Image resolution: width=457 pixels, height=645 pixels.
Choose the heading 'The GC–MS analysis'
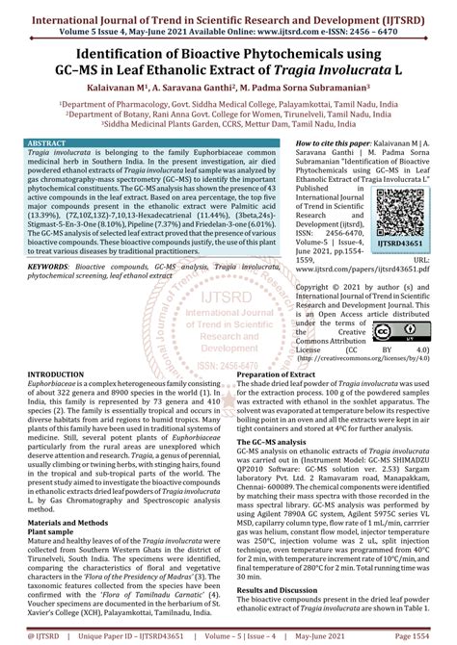coord(276,440)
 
